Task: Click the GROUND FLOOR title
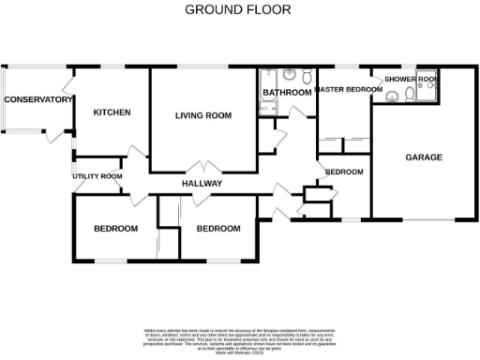(x=237, y=10)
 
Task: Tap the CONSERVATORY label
(x=38, y=99)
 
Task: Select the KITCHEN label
(x=112, y=112)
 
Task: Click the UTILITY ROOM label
(x=97, y=176)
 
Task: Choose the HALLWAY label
(x=202, y=184)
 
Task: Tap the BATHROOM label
(x=287, y=93)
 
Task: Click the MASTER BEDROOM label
(x=349, y=90)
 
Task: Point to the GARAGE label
(x=424, y=157)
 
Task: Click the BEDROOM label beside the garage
(x=344, y=172)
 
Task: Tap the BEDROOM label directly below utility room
(x=115, y=229)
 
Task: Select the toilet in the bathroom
(x=291, y=76)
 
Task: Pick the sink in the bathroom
(x=307, y=76)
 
